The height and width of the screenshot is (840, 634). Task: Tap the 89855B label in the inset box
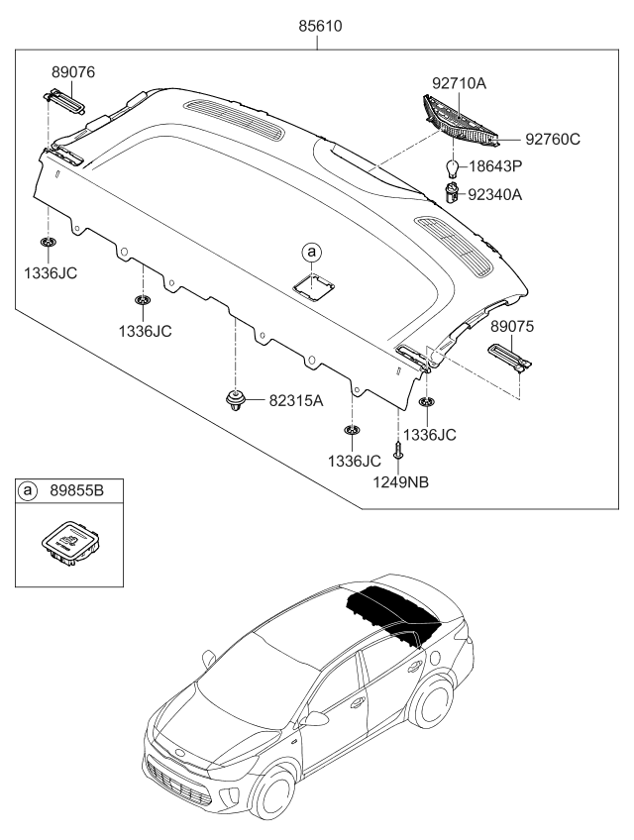tap(81, 490)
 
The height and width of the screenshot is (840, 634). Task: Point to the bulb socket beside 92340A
tap(453, 192)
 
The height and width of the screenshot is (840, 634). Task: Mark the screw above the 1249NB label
tap(398, 450)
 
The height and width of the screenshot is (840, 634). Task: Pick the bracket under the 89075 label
tap(510, 353)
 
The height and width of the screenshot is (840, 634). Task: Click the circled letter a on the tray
tap(313, 253)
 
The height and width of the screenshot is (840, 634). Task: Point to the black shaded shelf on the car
tap(396, 612)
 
